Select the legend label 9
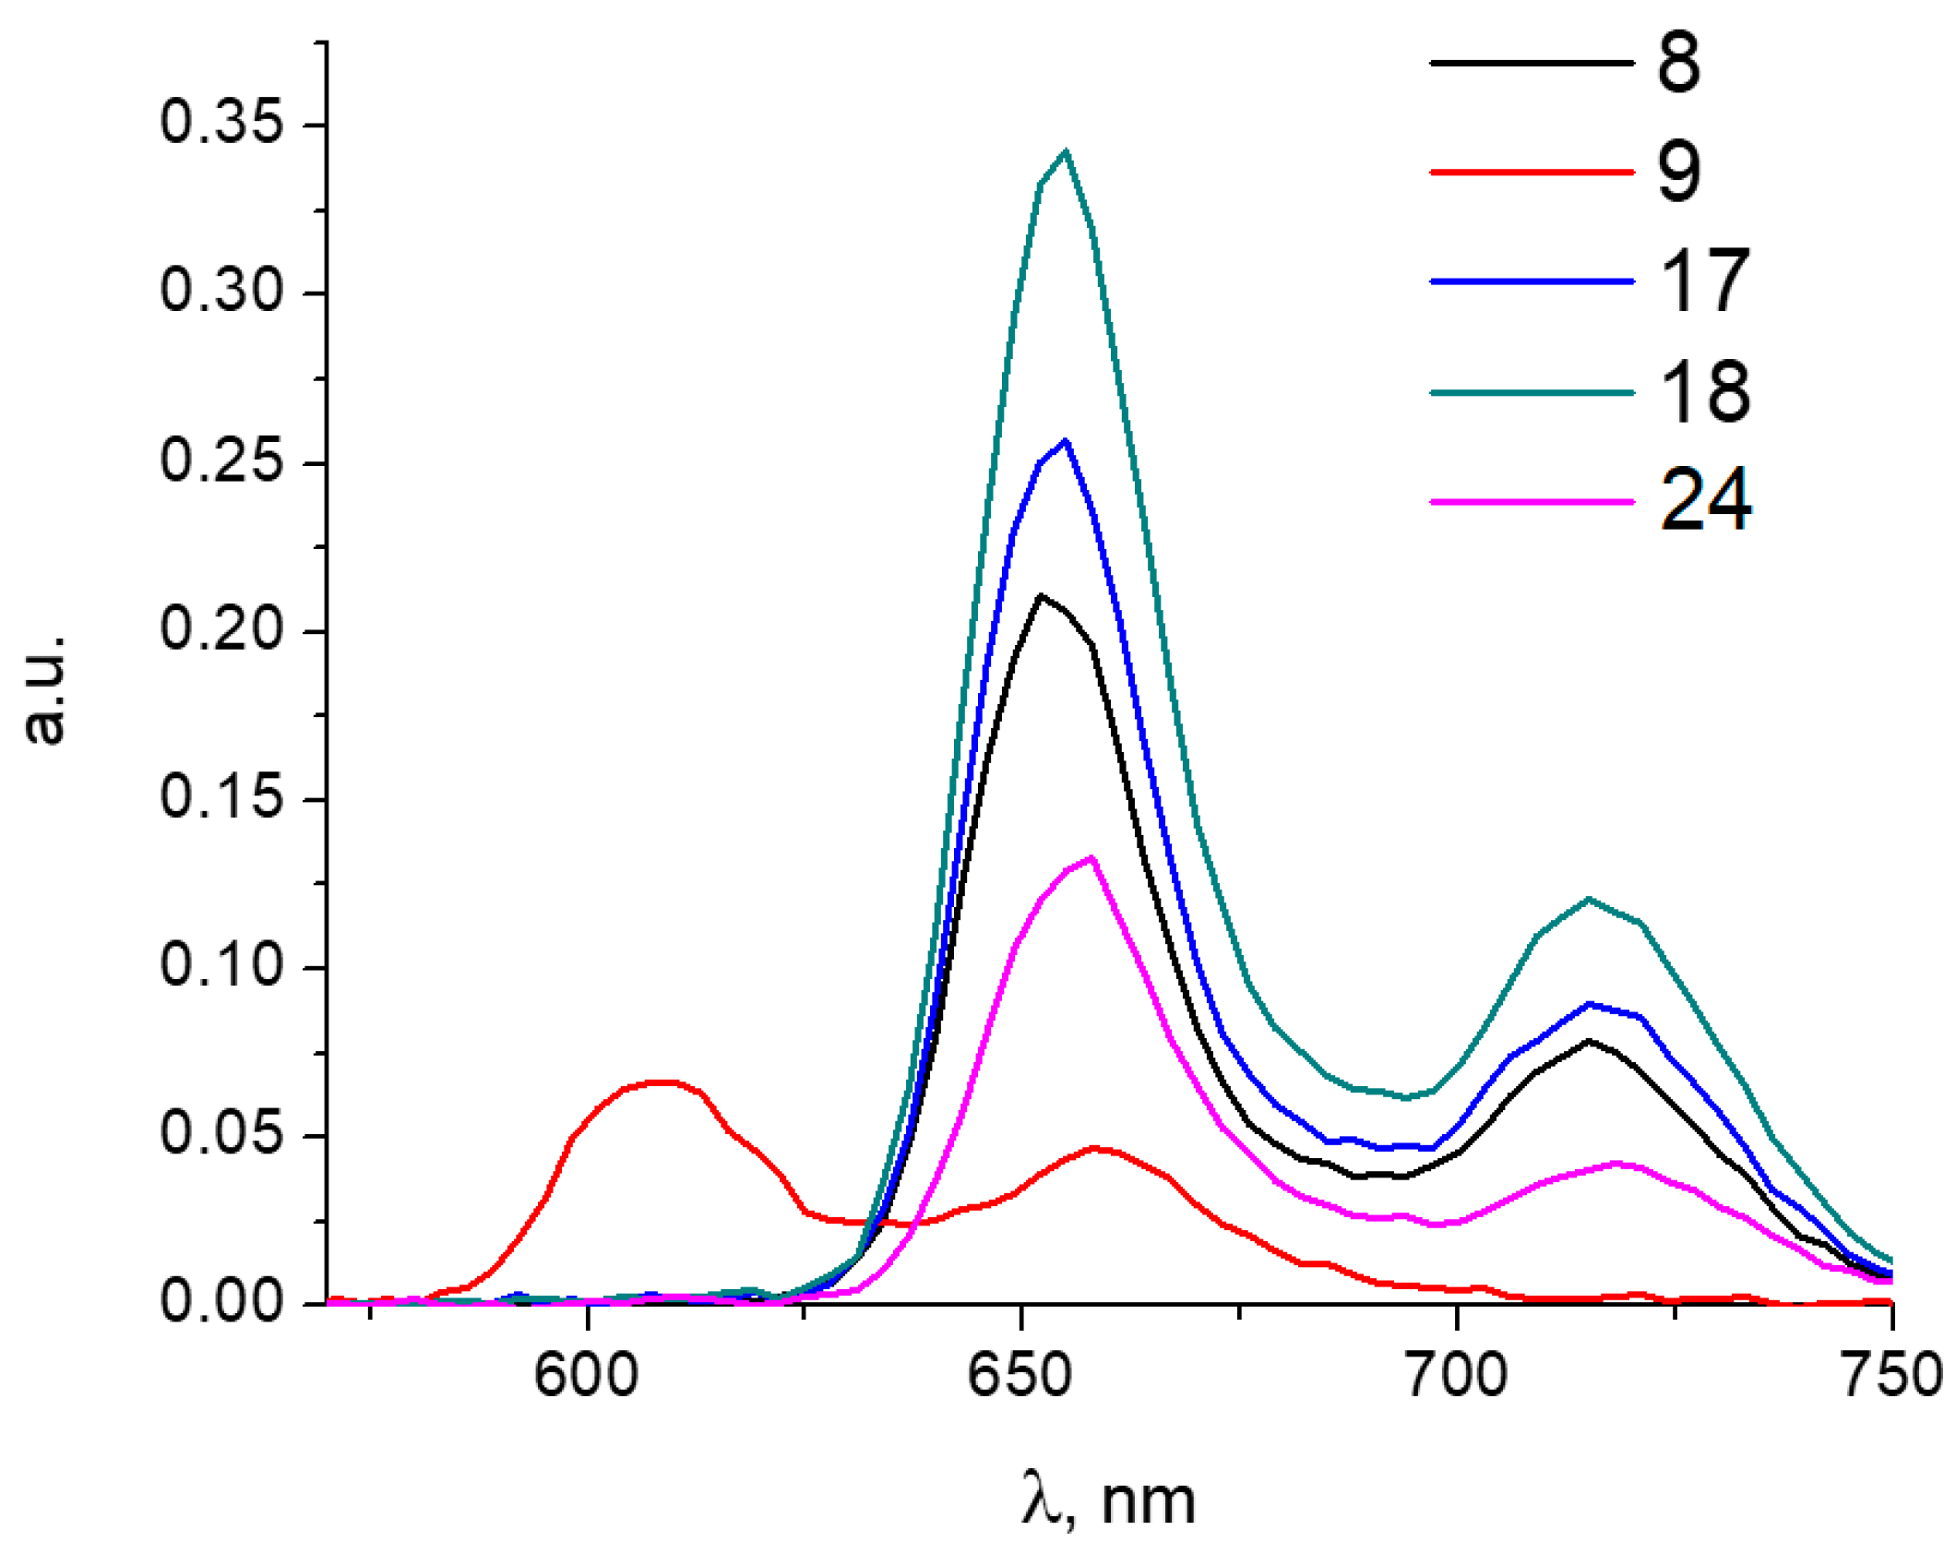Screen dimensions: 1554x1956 coord(1677,172)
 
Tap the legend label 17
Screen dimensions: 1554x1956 coord(1703,281)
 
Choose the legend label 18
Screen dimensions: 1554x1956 coord(1703,392)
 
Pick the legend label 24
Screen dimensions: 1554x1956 coord(1703,501)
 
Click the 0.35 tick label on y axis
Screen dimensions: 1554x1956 coord(221,122)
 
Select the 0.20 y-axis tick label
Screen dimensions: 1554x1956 coord(221,629)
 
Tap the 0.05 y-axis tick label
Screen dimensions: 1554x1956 coord(221,1133)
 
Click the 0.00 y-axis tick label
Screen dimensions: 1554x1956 coord(221,1301)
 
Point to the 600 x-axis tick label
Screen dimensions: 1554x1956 coord(586,1376)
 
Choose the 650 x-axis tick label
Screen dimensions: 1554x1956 coord(1020,1376)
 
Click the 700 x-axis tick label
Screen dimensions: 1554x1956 coord(1456,1376)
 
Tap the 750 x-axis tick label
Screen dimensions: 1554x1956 coord(1890,1376)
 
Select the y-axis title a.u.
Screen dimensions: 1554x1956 coord(43,688)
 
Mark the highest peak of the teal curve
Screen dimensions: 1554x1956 coord(1066,151)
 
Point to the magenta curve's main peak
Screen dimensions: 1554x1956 coord(1091,858)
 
